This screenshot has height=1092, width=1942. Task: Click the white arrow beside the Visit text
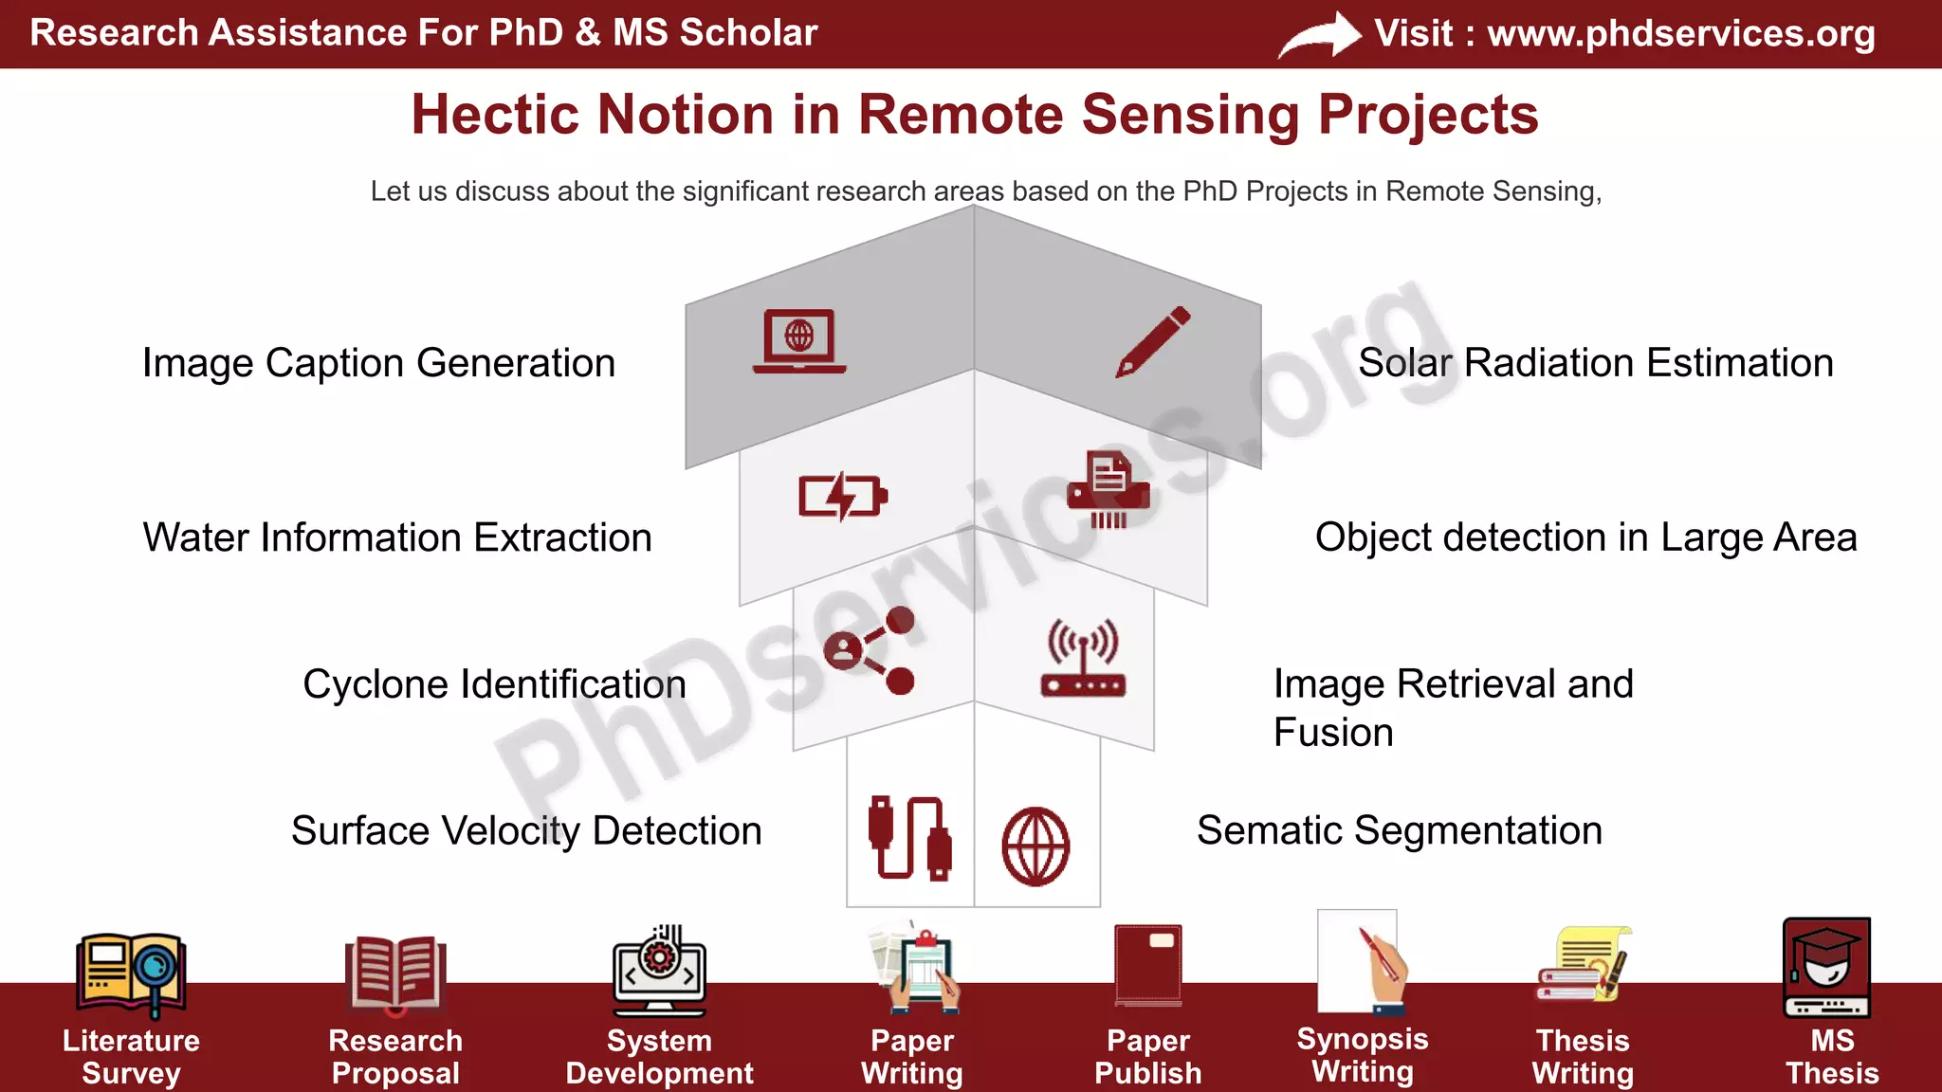(x=1319, y=36)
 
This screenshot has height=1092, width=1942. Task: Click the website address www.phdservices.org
(x=1680, y=33)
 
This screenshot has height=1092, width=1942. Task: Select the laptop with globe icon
(x=798, y=340)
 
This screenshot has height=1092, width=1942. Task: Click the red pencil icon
(x=1152, y=341)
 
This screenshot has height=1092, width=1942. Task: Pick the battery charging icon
(x=842, y=496)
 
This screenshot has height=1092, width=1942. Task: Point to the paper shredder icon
(x=1108, y=490)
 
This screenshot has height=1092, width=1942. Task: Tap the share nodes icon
(x=870, y=650)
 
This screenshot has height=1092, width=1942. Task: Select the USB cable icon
(x=909, y=838)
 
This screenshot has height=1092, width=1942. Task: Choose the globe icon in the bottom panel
(x=1035, y=846)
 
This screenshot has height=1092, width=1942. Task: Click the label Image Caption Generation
(x=378, y=363)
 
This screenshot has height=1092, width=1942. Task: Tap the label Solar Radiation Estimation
(x=1595, y=363)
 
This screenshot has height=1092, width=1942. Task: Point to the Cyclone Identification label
(x=494, y=684)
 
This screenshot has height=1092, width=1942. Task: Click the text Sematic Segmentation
(x=1399, y=830)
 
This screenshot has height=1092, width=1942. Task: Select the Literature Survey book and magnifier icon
(x=131, y=972)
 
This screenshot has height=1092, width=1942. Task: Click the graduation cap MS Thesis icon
(x=1826, y=967)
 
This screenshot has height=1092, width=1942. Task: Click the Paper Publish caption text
(x=1147, y=1056)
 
